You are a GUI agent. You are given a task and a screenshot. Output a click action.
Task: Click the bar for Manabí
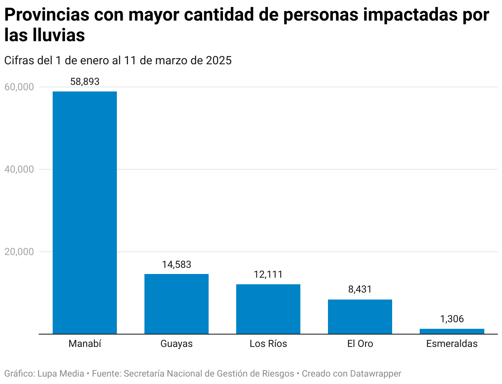click(x=85, y=212)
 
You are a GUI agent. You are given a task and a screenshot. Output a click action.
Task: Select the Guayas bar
click(x=177, y=304)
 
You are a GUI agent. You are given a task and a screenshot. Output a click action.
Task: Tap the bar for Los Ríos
click(x=268, y=309)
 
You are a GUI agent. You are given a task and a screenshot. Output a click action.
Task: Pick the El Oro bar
click(x=360, y=316)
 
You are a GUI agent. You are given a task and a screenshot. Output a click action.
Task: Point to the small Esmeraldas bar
click(x=452, y=331)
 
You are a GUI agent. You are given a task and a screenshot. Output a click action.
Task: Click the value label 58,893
click(x=85, y=82)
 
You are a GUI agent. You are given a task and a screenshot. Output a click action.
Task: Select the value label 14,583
click(x=177, y=265)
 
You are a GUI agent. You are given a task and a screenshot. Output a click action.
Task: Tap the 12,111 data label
click(x=268, y=274)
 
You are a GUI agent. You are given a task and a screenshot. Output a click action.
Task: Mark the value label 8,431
click(x=360, y=289)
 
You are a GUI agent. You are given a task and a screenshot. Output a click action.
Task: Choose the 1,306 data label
click(x=452, y=319)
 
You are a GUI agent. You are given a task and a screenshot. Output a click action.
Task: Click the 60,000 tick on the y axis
click(x=19, y=87)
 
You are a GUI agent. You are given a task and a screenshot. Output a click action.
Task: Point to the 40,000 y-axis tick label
click(x=19, y=169)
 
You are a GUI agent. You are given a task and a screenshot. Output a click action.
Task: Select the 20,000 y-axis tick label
click(x=19, y=252)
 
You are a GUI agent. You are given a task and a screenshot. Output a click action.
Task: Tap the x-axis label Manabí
click(x=85, y=344)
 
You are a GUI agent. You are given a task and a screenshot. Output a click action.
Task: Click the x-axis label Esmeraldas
click(x=452, y=344)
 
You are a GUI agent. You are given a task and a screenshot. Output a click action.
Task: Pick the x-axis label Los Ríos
click(x=268, y=344)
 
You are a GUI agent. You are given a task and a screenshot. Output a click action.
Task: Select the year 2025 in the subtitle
click(x=218, y=61)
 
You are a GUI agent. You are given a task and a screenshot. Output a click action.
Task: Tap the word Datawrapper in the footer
click(x=375, y=374)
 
